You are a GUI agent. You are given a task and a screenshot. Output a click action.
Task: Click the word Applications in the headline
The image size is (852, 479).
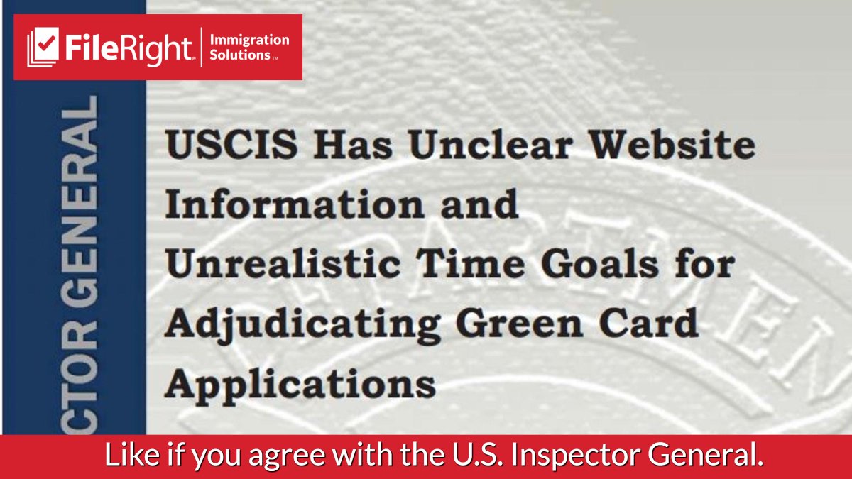(x=300, y=384)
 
